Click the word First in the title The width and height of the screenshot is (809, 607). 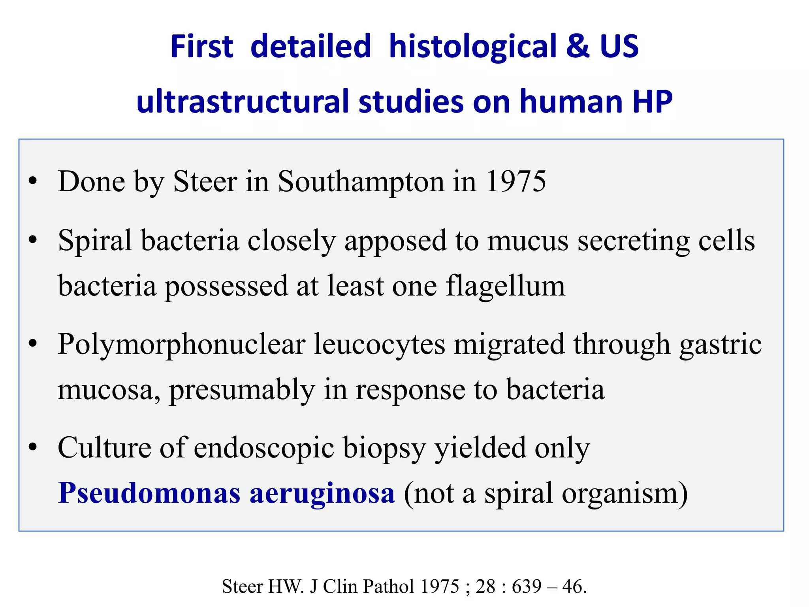(x=202, y=47)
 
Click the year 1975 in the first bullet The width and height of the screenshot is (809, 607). (x=516, y=182)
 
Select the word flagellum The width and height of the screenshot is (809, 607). (x=506, y=286)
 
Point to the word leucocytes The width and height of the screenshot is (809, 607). (x=380, y=345)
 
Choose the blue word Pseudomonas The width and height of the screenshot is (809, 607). (x=149, y=493)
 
